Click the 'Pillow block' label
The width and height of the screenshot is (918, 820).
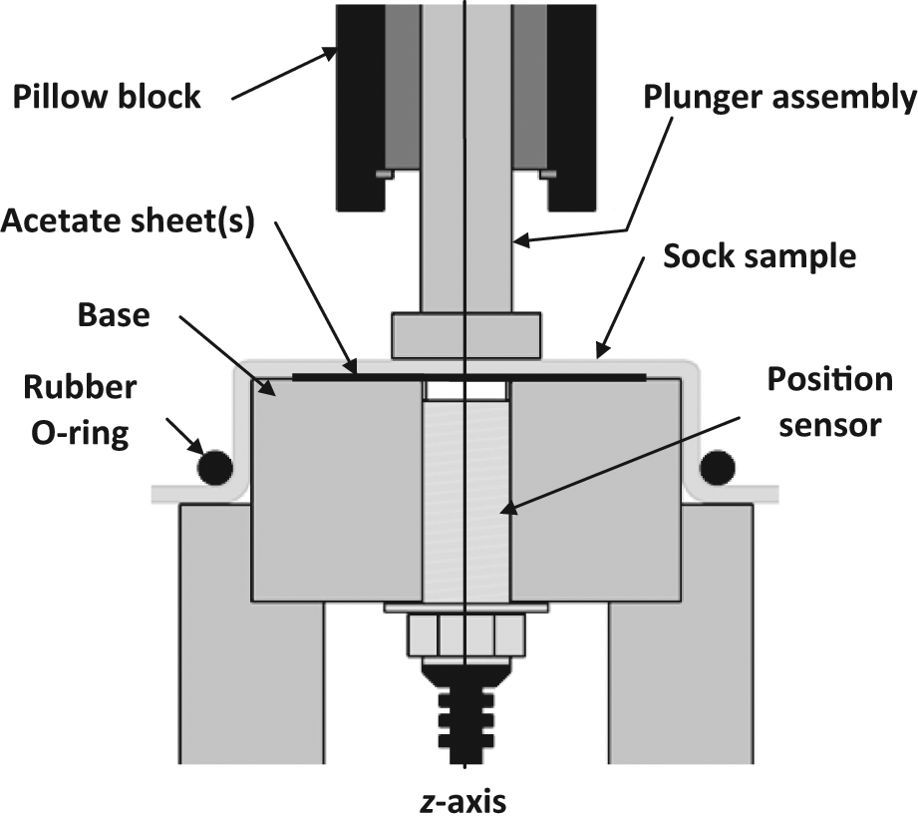[107, 97]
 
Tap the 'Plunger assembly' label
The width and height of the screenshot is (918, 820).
[779, 97]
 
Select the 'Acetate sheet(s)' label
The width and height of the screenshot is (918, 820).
[129, 221]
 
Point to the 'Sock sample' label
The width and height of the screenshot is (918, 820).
[760, 256]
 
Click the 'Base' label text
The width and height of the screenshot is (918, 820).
[114, 315]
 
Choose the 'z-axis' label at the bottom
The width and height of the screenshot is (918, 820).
[463, 802]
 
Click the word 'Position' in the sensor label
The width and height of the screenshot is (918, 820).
[830, 380]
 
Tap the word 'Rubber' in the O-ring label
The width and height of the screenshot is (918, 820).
[80, 387]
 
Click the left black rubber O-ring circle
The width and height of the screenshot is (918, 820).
[215, 467]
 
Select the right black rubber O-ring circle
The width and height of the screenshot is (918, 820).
[718, 467]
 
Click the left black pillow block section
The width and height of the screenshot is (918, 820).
[361, 108]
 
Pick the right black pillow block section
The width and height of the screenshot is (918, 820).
[572, 108]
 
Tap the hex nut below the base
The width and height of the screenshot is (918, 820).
[466, 635]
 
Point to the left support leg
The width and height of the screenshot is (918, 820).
[251, 633]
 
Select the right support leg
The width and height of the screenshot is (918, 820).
[681, 633]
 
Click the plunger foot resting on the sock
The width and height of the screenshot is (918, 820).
[466, 335]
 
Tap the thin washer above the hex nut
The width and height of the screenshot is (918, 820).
[466, 608]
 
